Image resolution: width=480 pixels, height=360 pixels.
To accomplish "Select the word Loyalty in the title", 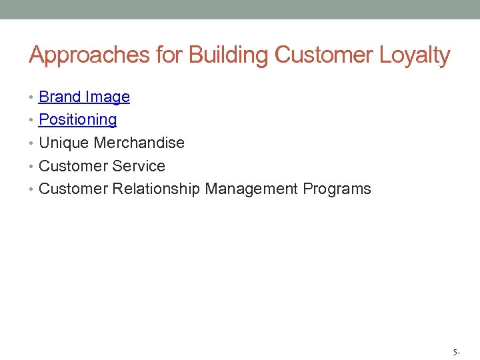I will coord(415,55).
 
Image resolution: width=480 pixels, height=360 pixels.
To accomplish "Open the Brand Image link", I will coord(84,97).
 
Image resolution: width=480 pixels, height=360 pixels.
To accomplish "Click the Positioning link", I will coord(78,120).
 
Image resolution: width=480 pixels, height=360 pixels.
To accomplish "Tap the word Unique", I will coord(65,143).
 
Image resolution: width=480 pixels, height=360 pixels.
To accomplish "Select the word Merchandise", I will coord(139,143).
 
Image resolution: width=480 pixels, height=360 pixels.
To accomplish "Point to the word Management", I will coord(251,189).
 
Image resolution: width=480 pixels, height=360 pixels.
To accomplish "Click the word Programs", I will coord(337,189).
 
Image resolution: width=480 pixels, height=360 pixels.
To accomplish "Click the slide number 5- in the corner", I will coord(456,351).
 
